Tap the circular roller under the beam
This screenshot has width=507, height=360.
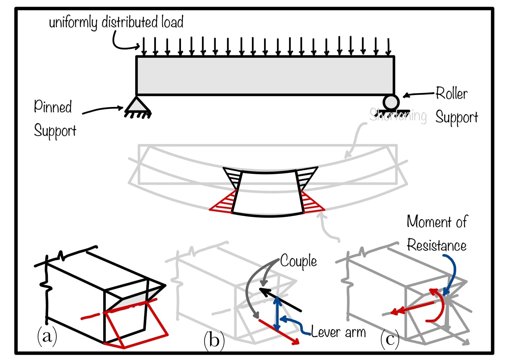point(391,102)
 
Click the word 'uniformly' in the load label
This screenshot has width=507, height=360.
point(73,22)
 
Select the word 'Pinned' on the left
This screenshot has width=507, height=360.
point(53,107)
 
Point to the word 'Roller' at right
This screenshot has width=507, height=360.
point(451,93)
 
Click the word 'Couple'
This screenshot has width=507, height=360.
point(298,261)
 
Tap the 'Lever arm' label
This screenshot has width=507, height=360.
point(338,332)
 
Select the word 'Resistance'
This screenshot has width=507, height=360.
point(436,245)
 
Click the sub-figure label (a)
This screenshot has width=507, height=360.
point(47,336)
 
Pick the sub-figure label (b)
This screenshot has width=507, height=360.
point(214,340)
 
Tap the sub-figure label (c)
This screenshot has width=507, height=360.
point(390,339)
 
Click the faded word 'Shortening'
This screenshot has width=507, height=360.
point(398,115)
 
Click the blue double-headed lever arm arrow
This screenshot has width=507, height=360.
point(278,313)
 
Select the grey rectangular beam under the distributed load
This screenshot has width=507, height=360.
point(265,76)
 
